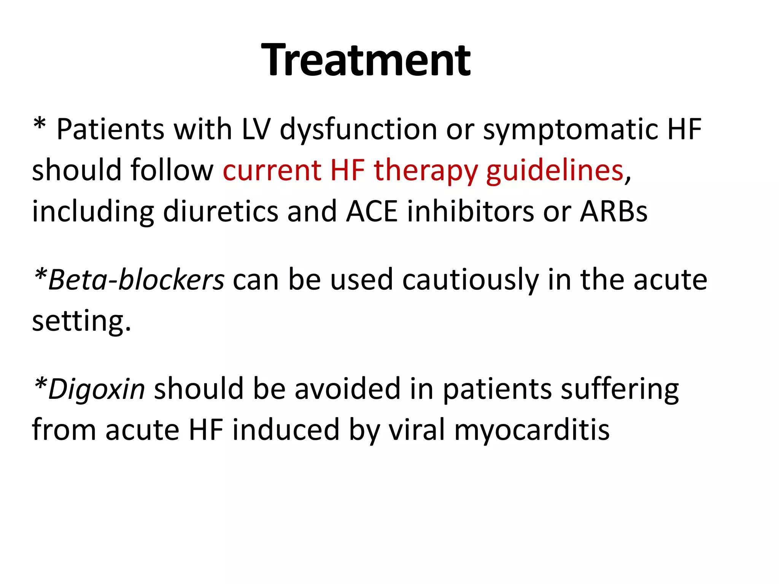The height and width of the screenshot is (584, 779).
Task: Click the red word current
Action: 272,170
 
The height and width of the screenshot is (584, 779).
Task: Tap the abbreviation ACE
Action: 372,211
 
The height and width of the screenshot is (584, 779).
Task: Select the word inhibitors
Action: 471,211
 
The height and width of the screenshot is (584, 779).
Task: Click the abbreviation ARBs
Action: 614,211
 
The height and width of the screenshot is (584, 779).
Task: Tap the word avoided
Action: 348,389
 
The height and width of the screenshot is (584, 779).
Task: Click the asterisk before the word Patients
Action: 40,125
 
